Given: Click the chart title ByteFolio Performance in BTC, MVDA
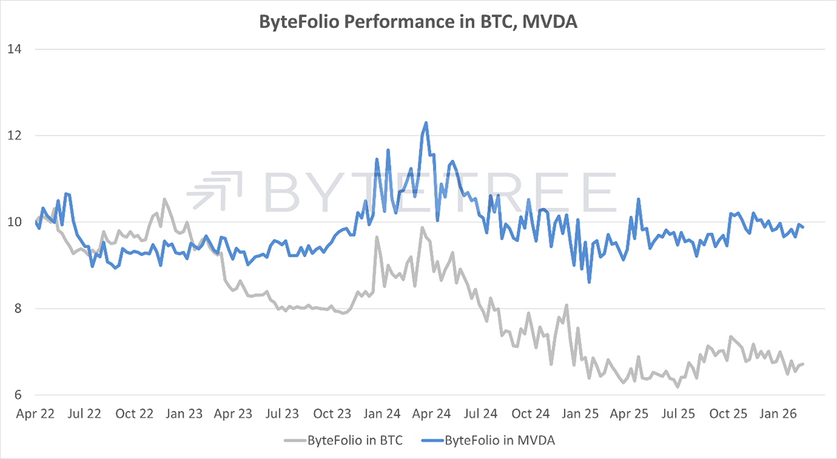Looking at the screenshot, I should pyautogui.click(x=418, y=22).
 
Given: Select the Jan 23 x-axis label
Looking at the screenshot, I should pyautogui.click(x=184, y=414).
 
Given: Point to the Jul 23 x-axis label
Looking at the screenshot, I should pyautogui.click(x=283, y=414).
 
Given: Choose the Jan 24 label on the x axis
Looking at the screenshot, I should pyautogui.click(x=383, y=414).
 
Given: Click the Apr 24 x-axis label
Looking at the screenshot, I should pyautogui.click(x=432, y=414).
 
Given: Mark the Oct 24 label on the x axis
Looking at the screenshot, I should pyautogui.click(x=531, y=414).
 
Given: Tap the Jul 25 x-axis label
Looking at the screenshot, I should pyautogui.click(x=680, y=414).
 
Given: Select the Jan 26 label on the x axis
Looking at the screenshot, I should pyautogui.click(x=780, y=414).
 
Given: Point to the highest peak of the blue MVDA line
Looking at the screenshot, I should pyautogui.click(x=425, y=123).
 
